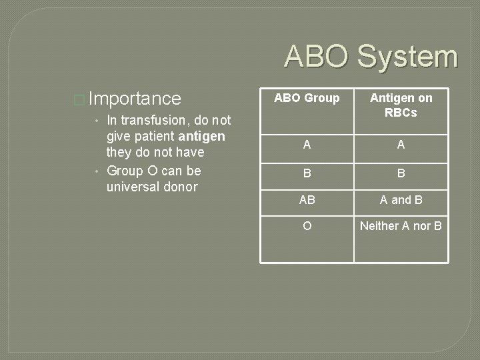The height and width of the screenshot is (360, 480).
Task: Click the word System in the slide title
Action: [x=407, y=57]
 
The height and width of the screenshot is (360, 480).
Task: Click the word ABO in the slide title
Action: [x=317, y=57]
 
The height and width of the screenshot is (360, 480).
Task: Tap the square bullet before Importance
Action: [x=79, y=100]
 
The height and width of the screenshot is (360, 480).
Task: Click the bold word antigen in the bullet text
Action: [x=202, y=137]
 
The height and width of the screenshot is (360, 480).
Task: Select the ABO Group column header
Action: [x=307, y=99]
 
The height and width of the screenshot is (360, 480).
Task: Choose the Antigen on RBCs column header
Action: [x=401, y=105]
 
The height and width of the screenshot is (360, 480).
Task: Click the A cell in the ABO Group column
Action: [x=307, y=145]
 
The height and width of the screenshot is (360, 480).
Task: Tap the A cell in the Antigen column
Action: [x=401, y=145]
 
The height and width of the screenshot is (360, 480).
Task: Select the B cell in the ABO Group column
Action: [x=307, y=173]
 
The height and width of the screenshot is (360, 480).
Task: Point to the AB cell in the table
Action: [x=307, y=200]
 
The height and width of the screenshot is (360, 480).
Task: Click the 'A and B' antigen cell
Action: [x=401, y=200]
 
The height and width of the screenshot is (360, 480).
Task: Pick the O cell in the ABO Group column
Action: [x=307, y=226]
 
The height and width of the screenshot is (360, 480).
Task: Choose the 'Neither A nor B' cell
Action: [x=401, y=226]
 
